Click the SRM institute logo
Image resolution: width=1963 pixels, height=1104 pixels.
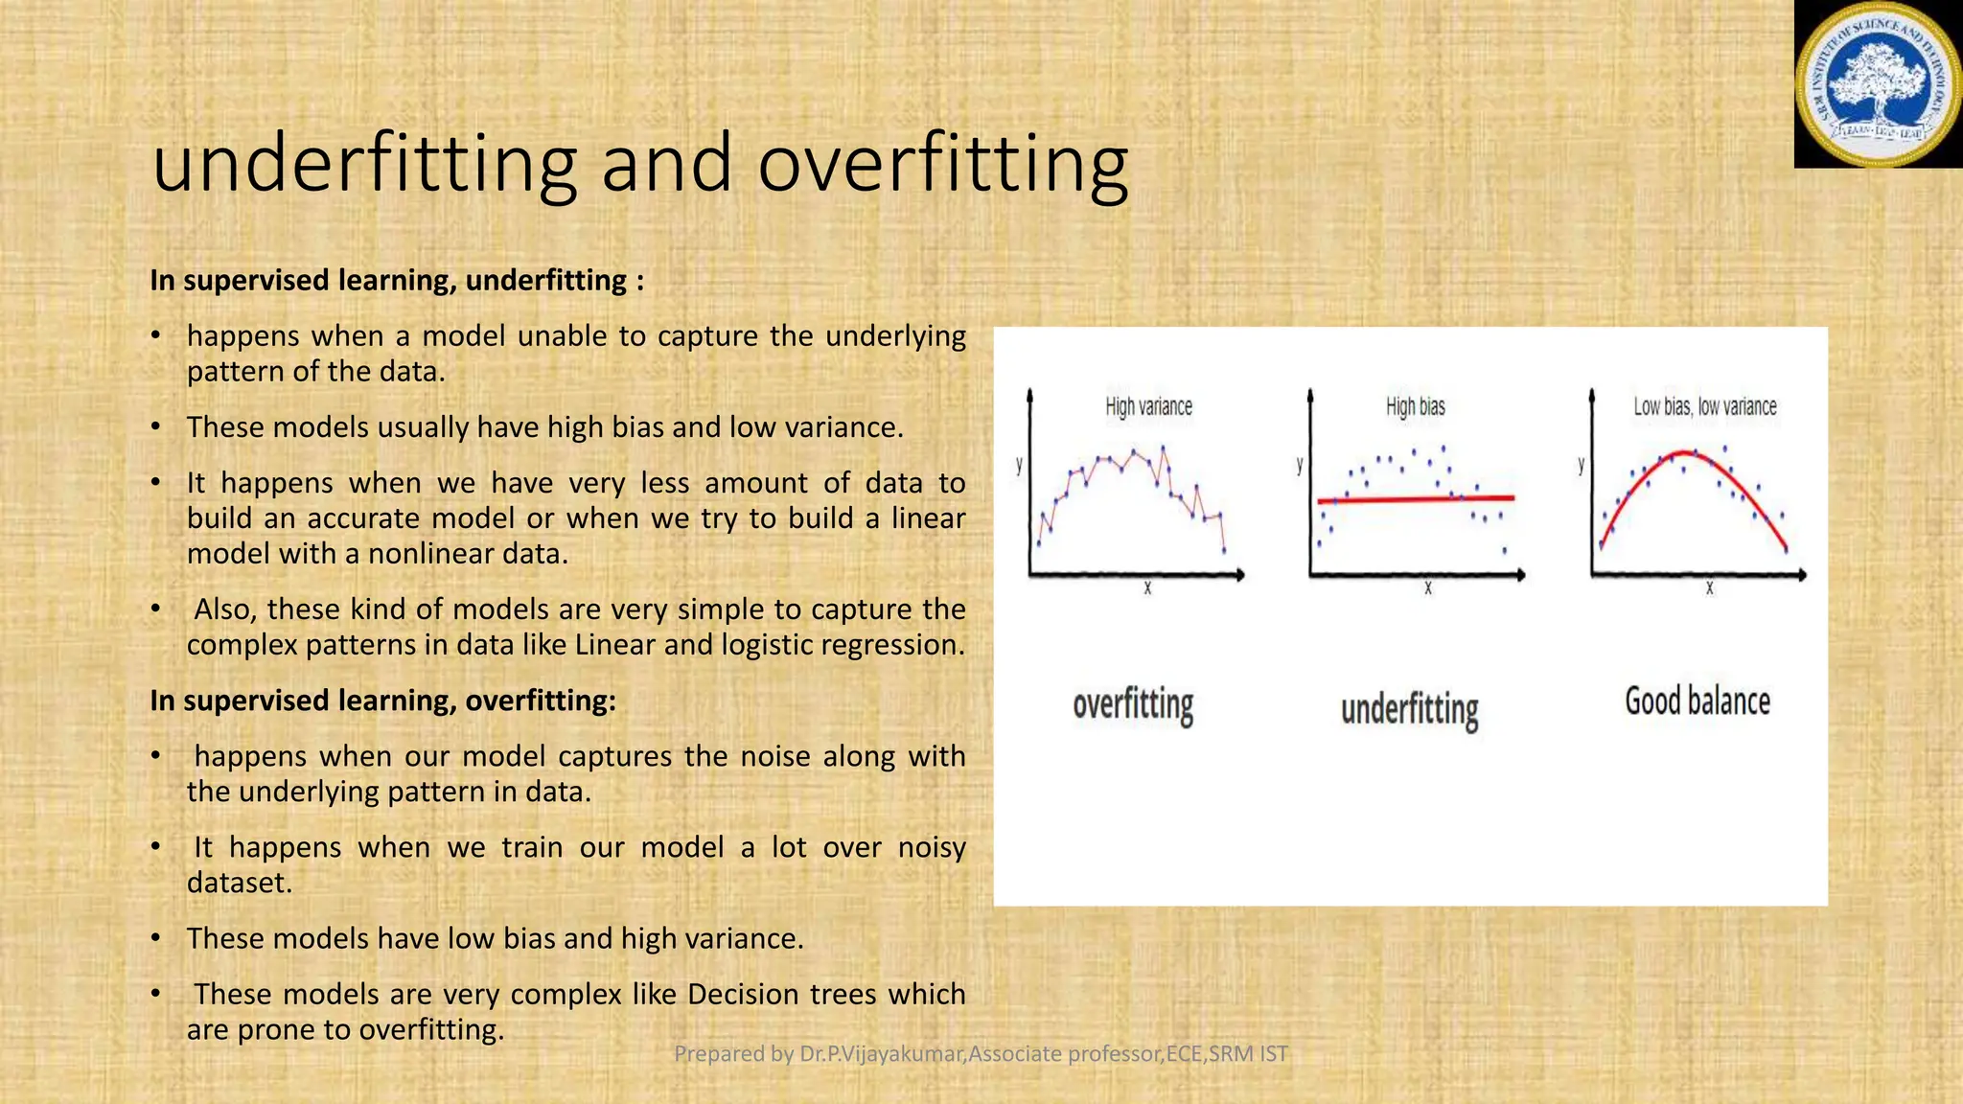[1878, 84]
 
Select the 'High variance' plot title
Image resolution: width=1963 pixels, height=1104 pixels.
[1148, 406]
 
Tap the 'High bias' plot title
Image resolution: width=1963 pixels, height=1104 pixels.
[1415, 406]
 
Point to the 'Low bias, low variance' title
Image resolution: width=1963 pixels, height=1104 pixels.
[1704, 406]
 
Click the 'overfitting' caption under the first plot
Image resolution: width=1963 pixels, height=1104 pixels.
[1133, 705]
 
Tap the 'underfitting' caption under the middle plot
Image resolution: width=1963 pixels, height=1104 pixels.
[1409, 710]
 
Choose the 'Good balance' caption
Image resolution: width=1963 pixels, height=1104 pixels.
[1697, 701]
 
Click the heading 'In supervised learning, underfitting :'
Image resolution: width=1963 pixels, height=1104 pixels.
[397, 281]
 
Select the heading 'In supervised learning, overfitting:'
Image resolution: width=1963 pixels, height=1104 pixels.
[382, 701]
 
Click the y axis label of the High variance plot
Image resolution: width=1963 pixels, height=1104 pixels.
[1019, 465]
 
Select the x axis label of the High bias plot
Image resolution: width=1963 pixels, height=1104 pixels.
[1427, 588]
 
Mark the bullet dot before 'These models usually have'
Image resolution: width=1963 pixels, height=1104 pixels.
[156, 427]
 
